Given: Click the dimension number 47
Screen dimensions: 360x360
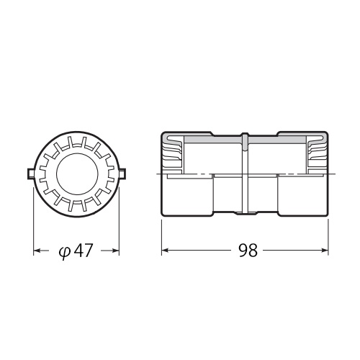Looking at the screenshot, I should (84, 251).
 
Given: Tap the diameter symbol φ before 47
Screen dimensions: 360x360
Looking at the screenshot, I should (63, 251).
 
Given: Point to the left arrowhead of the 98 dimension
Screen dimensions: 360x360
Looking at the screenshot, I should (165, 251).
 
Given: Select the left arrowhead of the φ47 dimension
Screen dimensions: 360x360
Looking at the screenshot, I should (37, 251).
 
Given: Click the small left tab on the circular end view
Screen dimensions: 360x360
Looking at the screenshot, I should (30, 174).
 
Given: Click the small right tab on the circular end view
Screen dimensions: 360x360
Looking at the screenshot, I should (122, 174).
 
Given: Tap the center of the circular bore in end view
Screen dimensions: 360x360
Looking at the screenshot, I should (76, 173).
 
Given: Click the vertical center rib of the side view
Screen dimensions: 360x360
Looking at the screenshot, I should (246, 174).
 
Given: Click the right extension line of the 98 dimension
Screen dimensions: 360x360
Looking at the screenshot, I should (330, 234).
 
